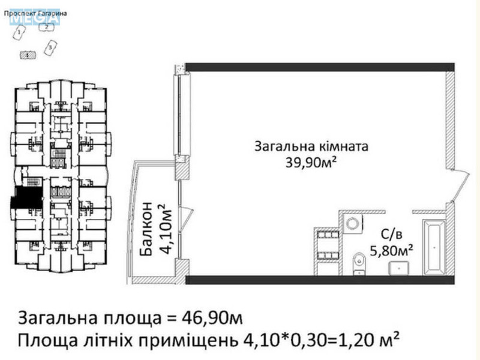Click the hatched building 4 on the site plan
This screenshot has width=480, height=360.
(x=27, y=55)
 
